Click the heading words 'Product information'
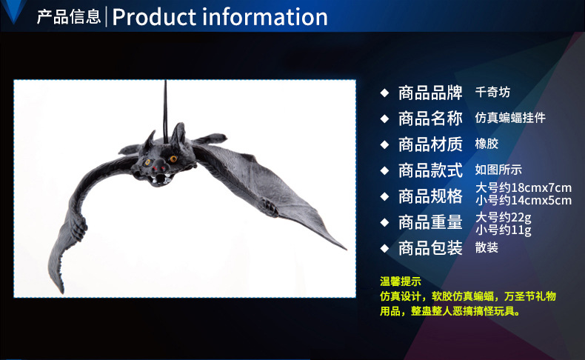(x=220, y=17)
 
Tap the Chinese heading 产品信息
(x=69, y=17)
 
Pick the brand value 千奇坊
(x=492, y=93)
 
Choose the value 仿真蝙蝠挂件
(x=510, y=118)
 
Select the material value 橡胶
(x=487, y=144)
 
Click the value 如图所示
(x=498, y=170)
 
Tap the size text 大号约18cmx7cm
(x=523, y=188)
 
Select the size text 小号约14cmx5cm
(x=523, y=200)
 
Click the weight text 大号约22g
(x=504, y=217)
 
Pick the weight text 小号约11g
(x=504, y=229)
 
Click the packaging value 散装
(x=487, y=247)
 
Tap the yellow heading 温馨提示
(x=401, y=281)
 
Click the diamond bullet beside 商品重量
(x=384, y=221)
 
